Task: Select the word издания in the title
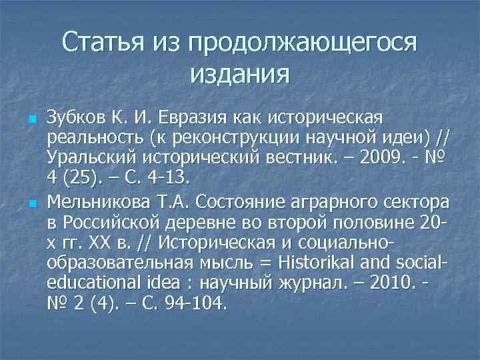point(240,73)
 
